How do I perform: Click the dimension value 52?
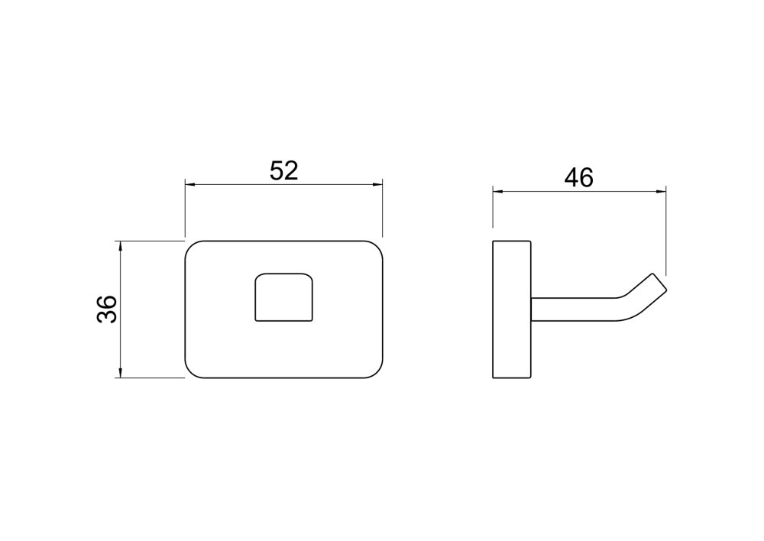point(283,170)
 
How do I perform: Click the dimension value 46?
point(579,177)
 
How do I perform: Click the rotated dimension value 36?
point(107,309)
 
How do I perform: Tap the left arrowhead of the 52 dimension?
point(190,185)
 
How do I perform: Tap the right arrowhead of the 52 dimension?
point(377,185)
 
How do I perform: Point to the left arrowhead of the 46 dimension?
point(498,192)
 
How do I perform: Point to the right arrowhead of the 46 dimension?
point(661,192)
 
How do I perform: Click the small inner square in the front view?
point(284,296)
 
